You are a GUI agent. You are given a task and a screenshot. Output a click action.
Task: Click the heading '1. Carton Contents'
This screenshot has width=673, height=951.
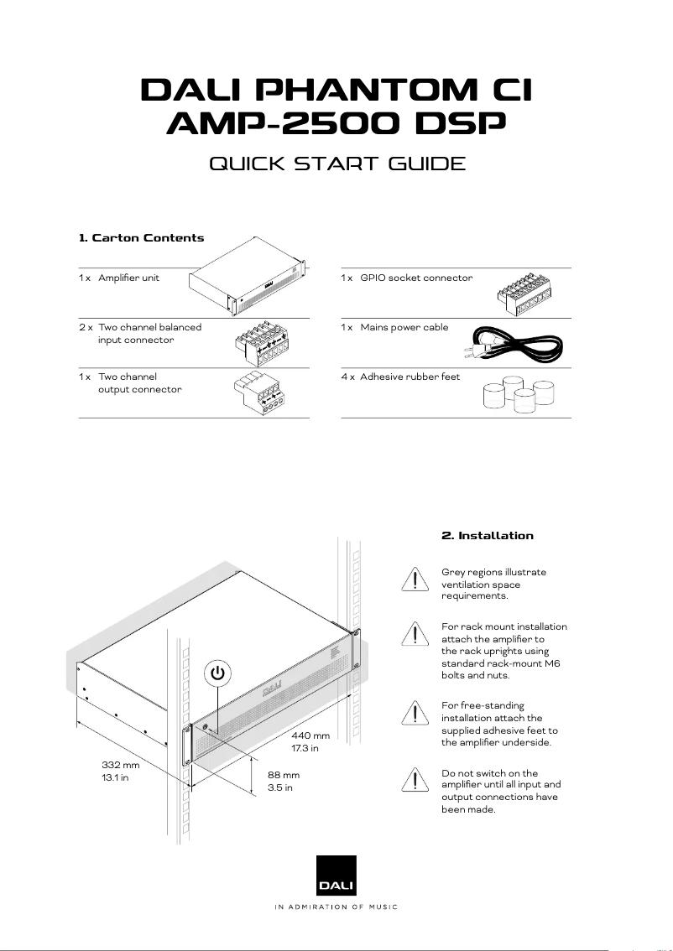141,238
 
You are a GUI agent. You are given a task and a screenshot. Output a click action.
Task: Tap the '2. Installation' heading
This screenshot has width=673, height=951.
487,535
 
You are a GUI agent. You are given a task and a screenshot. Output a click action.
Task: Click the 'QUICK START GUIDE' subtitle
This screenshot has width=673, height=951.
336,163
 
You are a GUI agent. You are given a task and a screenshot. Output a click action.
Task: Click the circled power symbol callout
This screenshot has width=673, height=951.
217,673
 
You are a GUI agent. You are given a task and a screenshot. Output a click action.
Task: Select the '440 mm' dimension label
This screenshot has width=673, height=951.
310,735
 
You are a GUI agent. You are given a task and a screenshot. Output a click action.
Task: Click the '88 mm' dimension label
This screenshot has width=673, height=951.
284,776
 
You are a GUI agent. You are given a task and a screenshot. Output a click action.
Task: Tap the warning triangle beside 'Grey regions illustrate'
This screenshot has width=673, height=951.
415,580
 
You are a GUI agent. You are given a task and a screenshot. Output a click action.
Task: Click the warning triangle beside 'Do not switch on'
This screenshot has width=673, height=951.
415,780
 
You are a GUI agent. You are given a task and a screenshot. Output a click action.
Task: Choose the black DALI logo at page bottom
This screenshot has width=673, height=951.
336,876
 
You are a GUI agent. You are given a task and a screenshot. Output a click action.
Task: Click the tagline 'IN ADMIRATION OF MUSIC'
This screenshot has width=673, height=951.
336,907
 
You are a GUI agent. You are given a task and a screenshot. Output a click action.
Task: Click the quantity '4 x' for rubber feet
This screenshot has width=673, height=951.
347,377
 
